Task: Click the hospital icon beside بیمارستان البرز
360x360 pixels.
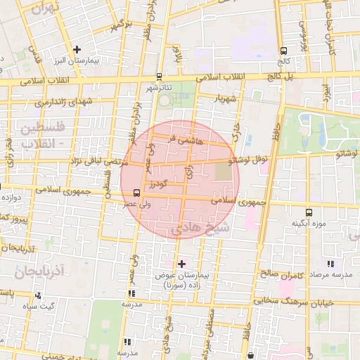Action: click(77, 50)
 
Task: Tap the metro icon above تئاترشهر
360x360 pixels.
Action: click(160, 76)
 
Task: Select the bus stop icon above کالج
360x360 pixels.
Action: click(283, 51)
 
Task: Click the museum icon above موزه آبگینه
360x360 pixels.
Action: click(309, 212)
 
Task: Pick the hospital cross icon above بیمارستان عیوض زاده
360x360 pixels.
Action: click(183, 264)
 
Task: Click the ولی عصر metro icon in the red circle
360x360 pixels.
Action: click(135, 190)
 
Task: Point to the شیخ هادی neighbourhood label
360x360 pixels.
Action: click(202, 229)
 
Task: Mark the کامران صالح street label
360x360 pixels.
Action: click(285, 275)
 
